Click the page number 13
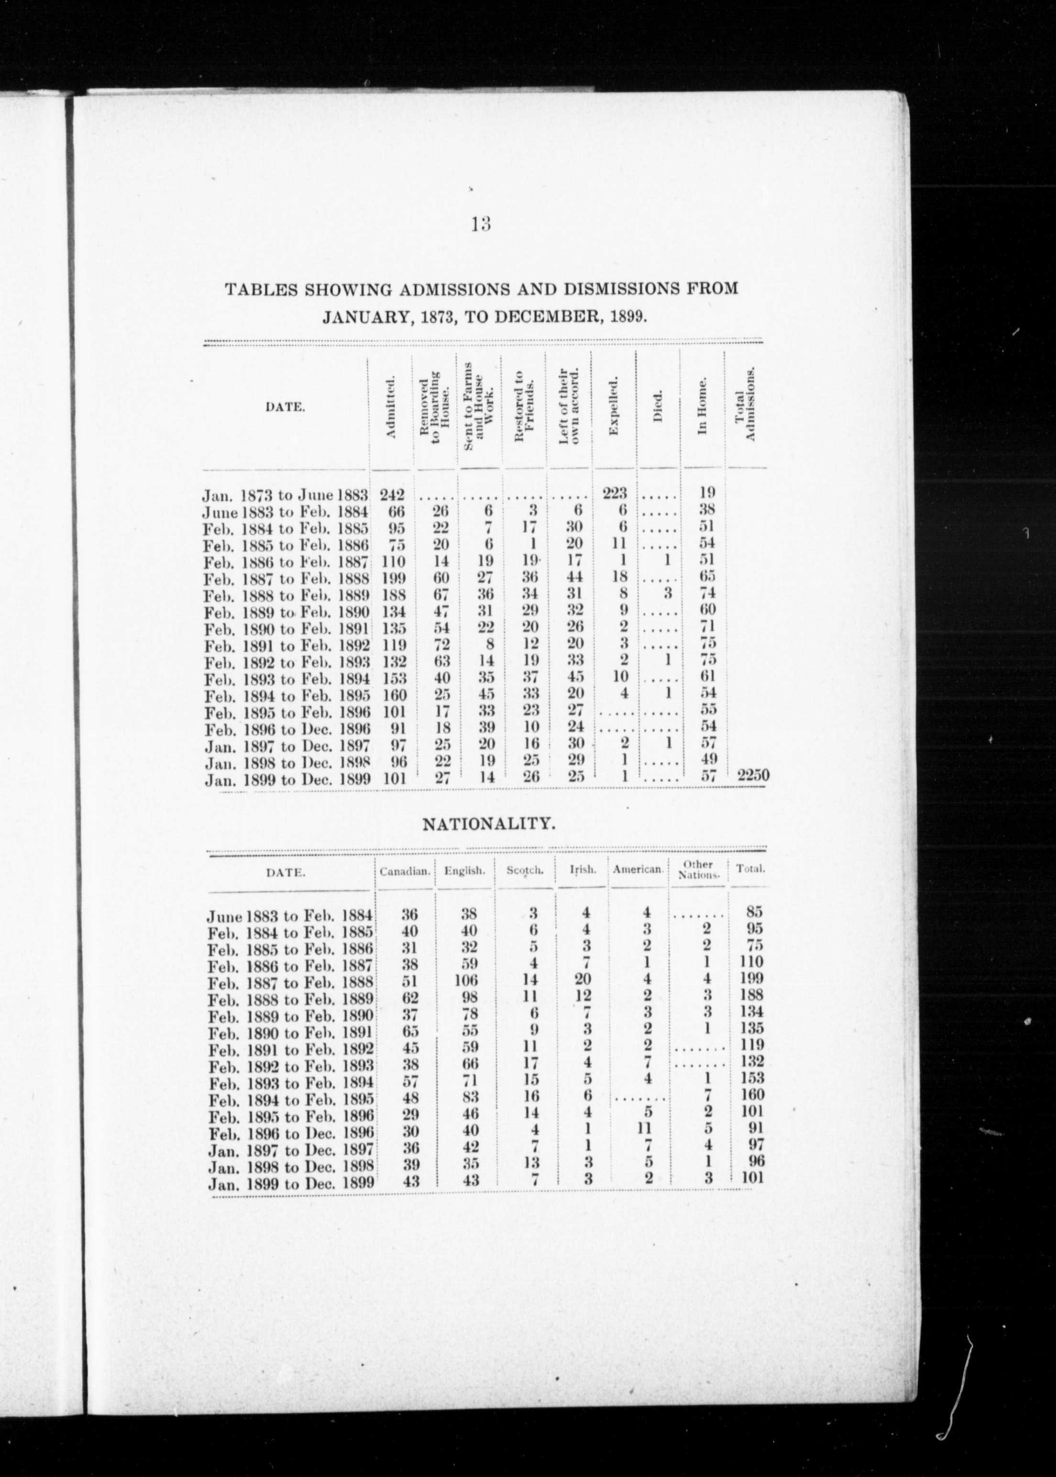(481, 224)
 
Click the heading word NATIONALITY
(488, 825)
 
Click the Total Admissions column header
(745, 403)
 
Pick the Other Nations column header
(699, 870)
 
